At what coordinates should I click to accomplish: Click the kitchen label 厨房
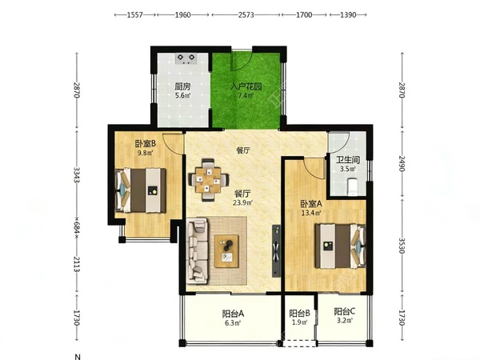pos(182,86)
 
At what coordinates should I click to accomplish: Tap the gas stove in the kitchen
pos(186,58)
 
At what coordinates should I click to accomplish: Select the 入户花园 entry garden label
pos(246,86)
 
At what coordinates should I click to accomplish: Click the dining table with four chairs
pos(209,180)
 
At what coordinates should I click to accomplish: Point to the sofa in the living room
pos(197,250)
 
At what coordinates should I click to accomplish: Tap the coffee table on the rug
pos(227,251)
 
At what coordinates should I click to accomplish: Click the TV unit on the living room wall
pos(276,250)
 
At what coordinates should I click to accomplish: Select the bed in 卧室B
pos(141,190)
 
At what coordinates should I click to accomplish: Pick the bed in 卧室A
pos(341,246)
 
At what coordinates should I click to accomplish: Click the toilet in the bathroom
pos(352,186)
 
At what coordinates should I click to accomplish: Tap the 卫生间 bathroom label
pos(348,160)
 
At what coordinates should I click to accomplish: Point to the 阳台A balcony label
pos(233,314)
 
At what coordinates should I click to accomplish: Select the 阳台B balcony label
pos(300,314)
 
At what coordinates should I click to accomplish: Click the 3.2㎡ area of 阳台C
pos(345,321)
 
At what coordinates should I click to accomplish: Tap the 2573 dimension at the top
pos(246,14)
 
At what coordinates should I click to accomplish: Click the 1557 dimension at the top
pos(134,14)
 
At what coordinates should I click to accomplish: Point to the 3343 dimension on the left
pos(77,175)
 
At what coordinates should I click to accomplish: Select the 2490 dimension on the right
pos(402,164)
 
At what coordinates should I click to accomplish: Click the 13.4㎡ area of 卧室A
pos(311,213)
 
